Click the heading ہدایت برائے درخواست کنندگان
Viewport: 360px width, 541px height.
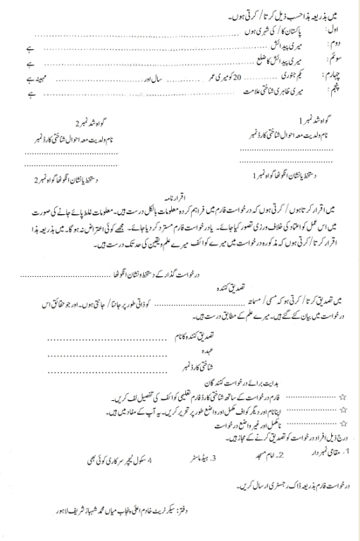click(213, 382)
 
